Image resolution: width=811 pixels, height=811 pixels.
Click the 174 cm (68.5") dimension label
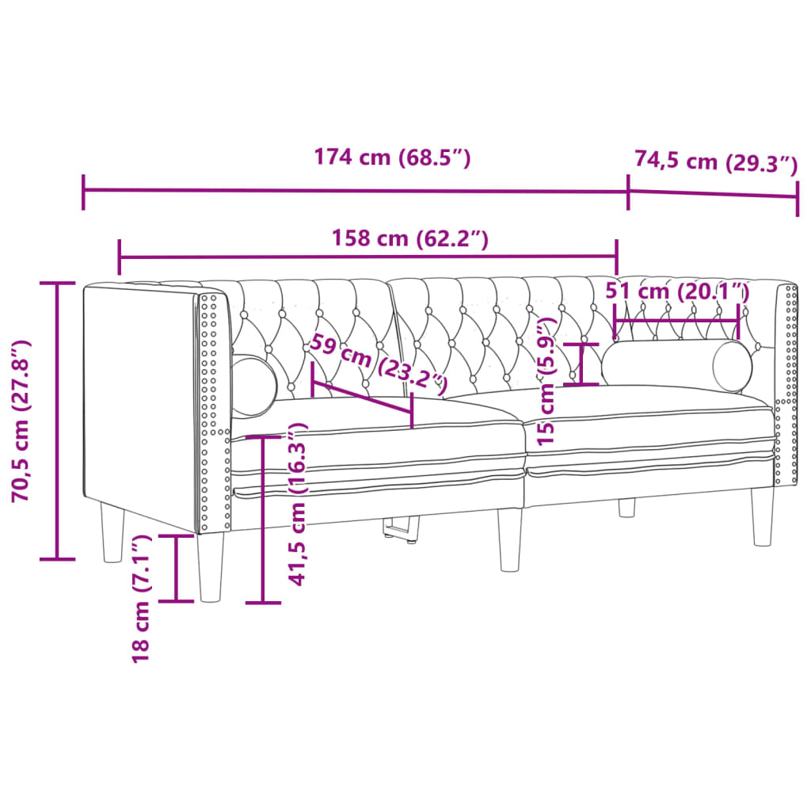[x=392, y=158]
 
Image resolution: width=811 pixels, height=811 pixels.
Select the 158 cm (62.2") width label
[x=409, y=238]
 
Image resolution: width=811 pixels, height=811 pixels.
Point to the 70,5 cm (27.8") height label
[x=21, y=421]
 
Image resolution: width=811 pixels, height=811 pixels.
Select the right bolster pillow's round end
[x=732, y=365]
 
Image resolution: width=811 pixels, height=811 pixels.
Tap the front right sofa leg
[x=763, y=516]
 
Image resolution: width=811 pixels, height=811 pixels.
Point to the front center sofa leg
[x=510, y=539]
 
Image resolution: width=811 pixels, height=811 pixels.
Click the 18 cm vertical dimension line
[x=176, y=568]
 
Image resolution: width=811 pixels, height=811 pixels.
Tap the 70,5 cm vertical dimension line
[x=57, y=421]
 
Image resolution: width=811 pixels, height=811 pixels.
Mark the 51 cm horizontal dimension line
[x=676, y=312]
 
